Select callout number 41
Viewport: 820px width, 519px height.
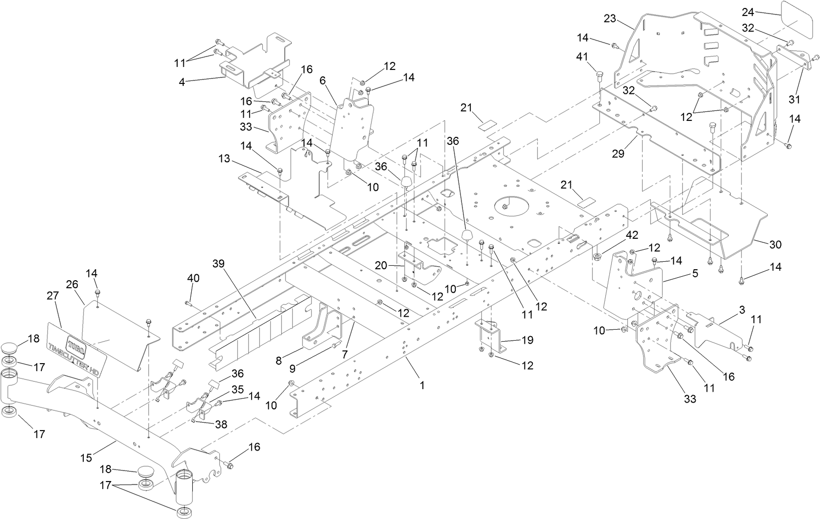coord(582,57)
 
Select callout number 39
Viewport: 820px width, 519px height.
coord(219,263)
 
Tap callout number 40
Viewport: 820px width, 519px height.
coord(193,277)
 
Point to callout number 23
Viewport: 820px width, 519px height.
coord(610,18)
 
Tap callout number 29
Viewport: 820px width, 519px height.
coord(618,154)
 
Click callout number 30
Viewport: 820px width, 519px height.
coord(776,244)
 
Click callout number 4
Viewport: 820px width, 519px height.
coord(182,82)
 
